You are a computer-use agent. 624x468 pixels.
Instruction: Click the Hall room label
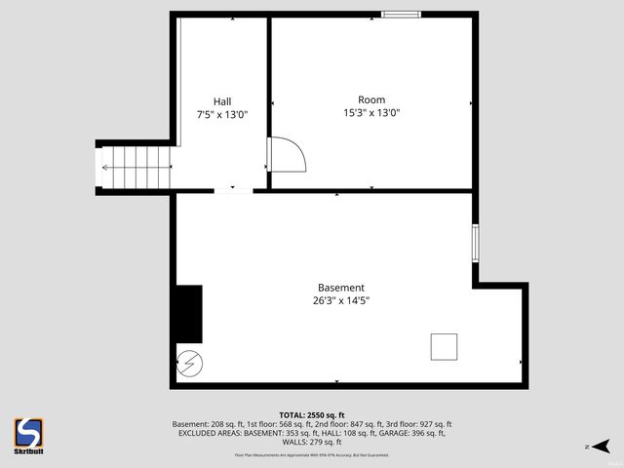point(221,100)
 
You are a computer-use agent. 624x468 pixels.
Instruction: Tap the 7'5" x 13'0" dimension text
point(221,113)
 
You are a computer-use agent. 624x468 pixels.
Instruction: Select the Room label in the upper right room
point(370,99)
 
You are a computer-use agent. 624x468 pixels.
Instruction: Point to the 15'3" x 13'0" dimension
point(371,112)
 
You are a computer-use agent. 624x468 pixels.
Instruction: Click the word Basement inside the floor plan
point(340,288)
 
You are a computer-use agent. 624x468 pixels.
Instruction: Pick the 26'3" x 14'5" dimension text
point(340,300)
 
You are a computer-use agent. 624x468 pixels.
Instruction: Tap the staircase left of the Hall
point(136,167)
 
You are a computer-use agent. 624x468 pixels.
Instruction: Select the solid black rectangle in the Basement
point(188,313)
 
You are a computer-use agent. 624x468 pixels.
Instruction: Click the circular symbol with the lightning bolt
point(189,365)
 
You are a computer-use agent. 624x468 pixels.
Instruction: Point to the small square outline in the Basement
point(444,347)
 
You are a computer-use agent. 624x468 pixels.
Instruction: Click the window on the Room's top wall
point(401,14)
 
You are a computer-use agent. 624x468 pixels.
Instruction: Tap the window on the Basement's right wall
point(476,243)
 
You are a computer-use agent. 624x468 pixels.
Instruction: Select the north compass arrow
point(603,447)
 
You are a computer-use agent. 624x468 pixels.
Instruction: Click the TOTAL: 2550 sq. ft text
point(311,415)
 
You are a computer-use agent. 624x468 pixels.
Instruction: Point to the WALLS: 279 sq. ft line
point(311,442)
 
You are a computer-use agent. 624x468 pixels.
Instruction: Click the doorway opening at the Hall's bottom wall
point(233,189)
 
